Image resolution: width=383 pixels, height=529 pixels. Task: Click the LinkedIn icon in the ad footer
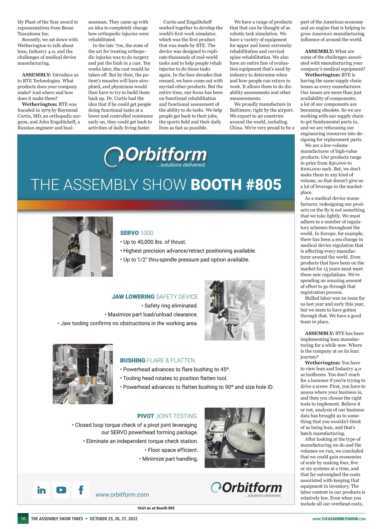coord(41,490)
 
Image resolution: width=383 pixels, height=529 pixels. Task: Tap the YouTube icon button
coord(61,490)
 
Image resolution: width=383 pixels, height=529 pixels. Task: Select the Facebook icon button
coord(81,490)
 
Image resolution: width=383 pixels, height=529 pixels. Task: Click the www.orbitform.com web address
coord(122,494)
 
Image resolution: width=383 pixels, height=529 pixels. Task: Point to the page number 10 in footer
coord(23,518)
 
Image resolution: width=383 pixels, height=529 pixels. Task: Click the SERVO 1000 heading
coord(137,233)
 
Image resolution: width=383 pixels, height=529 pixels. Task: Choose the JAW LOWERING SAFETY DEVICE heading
coord(155,297)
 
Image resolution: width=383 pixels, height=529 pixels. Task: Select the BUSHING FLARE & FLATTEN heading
coord(157,360)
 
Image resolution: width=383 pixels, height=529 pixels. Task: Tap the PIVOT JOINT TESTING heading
coord(167,416)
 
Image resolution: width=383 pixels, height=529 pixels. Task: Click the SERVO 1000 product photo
coord(83,246)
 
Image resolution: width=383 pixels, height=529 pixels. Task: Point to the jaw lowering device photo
coord(235,310)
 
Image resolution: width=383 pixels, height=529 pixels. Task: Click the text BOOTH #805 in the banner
coord(236,185)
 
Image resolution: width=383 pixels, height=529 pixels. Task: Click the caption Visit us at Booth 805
coord(156,508)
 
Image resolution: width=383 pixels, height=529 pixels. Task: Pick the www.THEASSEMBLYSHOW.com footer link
coord(339,519)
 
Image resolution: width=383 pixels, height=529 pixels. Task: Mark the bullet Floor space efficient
coord(173,450)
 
